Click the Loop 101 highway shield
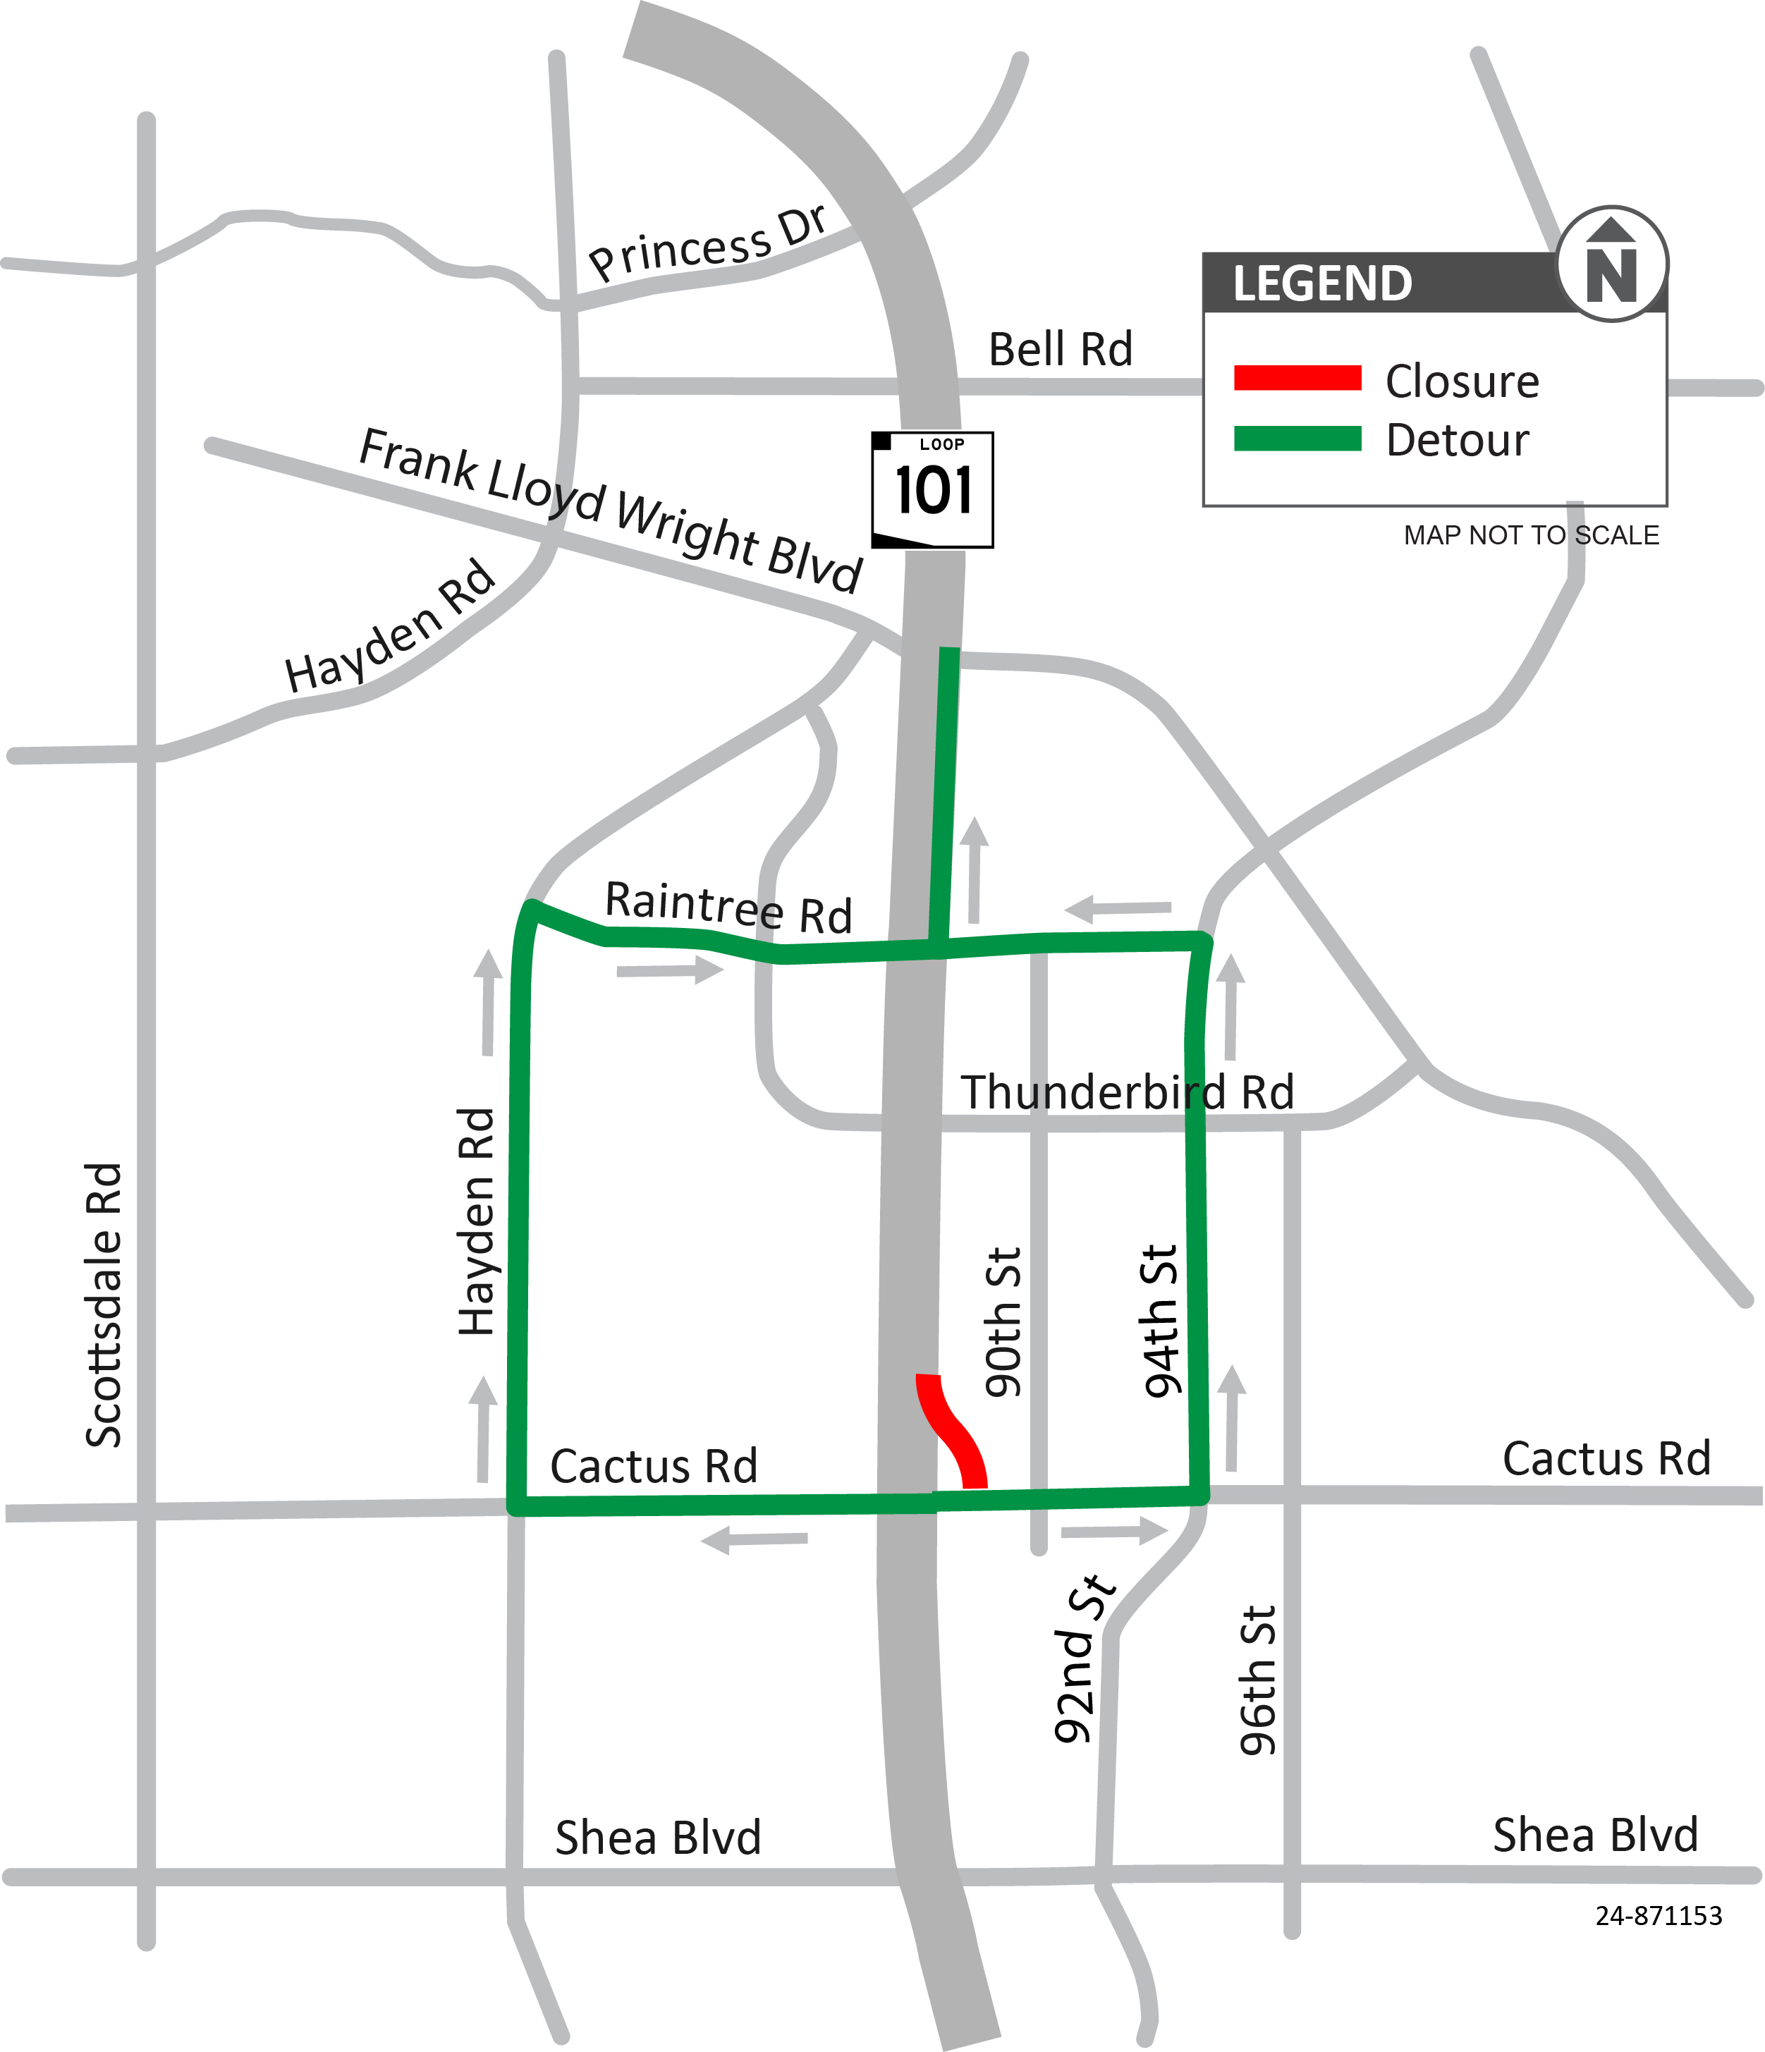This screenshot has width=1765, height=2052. coord(932,489)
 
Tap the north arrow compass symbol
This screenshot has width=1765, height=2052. coord(1611,264)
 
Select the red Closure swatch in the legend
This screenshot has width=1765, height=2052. coord(1297,378)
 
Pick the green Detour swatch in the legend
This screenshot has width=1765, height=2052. coord(1297,438)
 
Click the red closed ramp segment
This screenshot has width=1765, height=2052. coord(951,1429)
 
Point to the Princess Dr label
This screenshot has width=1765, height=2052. coord(707,243)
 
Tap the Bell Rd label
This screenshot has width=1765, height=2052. coord(1060,350)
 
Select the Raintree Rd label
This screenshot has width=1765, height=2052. coord(728,907)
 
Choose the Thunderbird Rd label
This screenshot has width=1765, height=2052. coord(1127,1092)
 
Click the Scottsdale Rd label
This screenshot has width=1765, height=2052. coord(104,1305)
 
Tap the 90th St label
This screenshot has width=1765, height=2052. coord(1002,1322)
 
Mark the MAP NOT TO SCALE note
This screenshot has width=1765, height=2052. coord(1530,536)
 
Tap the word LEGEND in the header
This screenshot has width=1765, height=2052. coord(1322,283)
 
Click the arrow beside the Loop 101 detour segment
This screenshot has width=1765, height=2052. coord(975,869)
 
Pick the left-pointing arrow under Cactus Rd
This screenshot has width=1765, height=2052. coord(755,1540)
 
